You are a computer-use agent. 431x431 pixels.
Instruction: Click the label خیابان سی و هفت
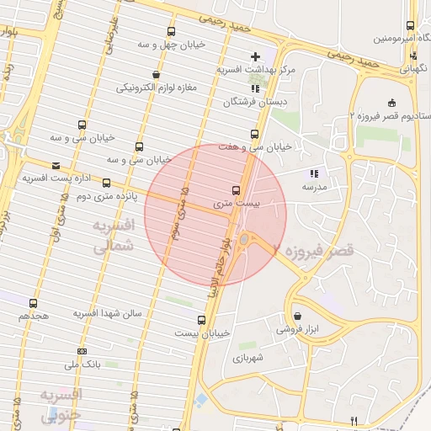(254, 147)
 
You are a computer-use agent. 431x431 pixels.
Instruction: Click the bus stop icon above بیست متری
(236, 190)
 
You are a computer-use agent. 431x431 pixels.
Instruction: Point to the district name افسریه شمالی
(111, 237)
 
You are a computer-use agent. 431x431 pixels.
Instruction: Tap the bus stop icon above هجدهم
(33, 303)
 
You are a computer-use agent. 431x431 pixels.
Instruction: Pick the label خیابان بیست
(201, 333)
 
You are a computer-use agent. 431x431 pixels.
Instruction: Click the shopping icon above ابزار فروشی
(297, 317)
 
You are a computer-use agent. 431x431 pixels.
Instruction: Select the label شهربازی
(247, 357)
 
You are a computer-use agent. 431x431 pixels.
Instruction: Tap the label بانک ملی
(82, 364)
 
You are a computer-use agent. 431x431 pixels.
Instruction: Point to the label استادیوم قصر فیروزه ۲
(390, 115)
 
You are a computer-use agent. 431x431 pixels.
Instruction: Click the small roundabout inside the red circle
(244, 241)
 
